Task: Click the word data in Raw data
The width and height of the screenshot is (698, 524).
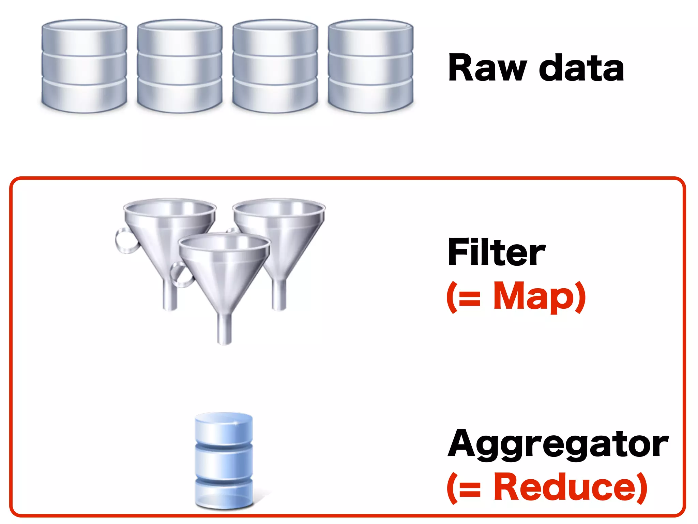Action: pyautogui.click(x=581, y=68)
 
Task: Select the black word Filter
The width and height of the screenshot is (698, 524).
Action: pyautogui.click(x=497, y=252)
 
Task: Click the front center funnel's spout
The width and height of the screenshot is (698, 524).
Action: pyautogui.click(x=224, y=329)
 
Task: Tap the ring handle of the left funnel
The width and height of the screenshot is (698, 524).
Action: pyautogui.click(x=123, y=241)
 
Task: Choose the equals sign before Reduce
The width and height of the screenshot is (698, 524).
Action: pyautogui.click(x=469, y=489)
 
